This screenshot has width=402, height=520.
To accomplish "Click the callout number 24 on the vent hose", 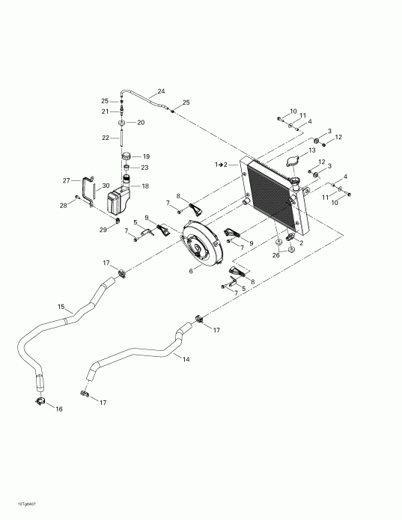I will tap(160, 92).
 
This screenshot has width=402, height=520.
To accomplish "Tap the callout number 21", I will tap(106, 111).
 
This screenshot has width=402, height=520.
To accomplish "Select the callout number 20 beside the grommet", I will tap(140, 122).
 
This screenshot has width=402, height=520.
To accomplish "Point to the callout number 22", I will tap(106, 137).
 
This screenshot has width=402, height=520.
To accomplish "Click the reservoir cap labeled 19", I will tap(126, 156).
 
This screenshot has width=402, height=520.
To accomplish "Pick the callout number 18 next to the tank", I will tap(145, 186).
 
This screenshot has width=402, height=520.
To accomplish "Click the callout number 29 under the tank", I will tap(103, 229).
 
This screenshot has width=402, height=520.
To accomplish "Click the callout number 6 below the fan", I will tap(192, 272).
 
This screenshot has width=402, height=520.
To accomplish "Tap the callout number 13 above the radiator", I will tap(312, 150).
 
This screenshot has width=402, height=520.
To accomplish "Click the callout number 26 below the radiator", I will tap(277, 254).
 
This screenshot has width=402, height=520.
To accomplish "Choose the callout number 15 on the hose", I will tap(61, 306).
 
